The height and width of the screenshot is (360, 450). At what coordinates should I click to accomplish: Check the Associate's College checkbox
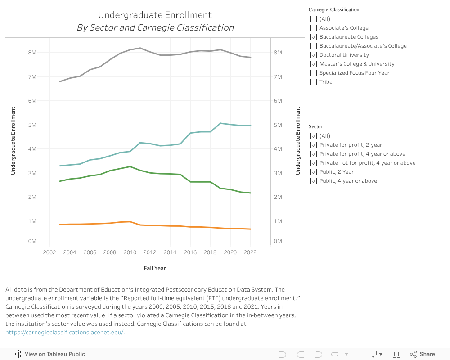[x=314, y=28]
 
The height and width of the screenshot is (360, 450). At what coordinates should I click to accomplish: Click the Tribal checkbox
[x=314, y=82]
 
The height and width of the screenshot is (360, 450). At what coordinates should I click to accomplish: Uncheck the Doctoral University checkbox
[x=314, y=55]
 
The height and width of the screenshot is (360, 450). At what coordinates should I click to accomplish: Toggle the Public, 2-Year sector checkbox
[x=314, y=172]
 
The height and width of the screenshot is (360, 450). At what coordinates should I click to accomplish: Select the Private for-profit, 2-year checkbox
[x=314, y=145]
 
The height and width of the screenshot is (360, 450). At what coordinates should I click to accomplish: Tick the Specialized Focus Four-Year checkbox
[x=314, y=73]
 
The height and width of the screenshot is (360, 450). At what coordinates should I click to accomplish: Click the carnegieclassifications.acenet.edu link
[x=65, y=333]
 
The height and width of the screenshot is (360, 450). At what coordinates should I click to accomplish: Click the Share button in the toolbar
[x=423, y=354]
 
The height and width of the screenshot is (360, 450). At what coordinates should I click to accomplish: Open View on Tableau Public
[x=50, y=354]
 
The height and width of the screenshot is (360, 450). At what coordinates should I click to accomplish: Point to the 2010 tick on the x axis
[x=130, y=252]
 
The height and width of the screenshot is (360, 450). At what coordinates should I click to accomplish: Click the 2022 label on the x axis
[x=250, y=252]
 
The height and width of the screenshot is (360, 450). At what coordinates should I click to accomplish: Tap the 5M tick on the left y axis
[x=32, y=125]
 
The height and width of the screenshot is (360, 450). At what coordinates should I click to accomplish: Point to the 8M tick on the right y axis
[x=278, y=53]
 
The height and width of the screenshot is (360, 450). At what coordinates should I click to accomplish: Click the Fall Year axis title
[x=155, y=268]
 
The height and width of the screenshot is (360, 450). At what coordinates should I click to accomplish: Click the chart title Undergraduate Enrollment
[x=155, y=15]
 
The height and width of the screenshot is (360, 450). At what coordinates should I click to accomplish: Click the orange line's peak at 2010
[x=130, y=221]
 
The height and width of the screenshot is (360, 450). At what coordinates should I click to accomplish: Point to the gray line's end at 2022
[x=250, y=58]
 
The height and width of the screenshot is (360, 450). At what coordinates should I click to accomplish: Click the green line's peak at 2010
[x=130, y=166]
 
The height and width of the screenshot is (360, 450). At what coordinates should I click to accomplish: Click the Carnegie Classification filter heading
[x=334, y=9]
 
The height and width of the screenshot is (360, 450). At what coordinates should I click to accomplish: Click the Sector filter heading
[x=315, y=127]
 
